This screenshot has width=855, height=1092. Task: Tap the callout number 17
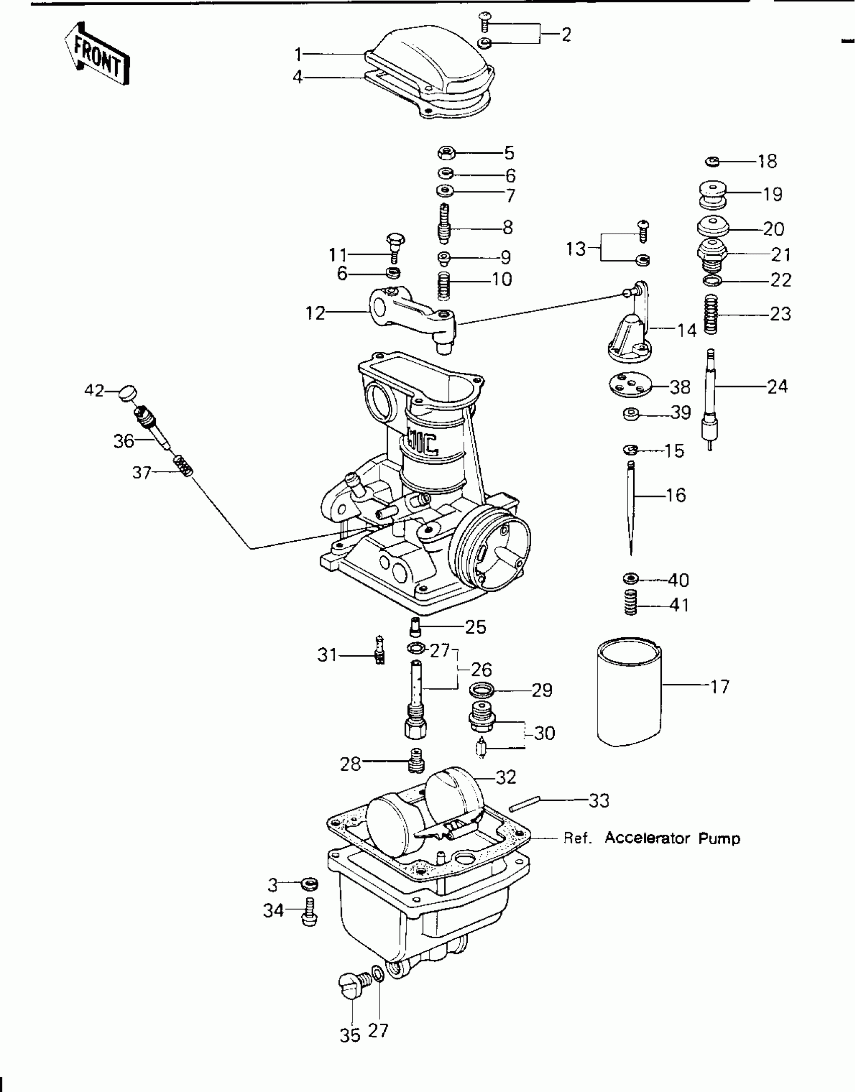coord(720,686)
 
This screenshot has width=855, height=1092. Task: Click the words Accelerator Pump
coord(672,838)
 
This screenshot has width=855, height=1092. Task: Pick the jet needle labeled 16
coord(631,508)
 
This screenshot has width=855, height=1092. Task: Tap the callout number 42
coord(94,390)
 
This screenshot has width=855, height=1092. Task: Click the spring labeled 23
coord(711,314)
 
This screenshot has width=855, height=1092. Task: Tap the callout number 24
coord(777,386)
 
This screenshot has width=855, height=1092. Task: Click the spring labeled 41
coord(631,602)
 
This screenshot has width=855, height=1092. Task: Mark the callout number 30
coord(544,733)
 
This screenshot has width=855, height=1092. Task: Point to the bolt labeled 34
coord(308,911)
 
